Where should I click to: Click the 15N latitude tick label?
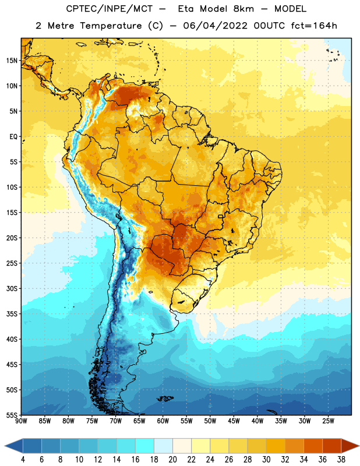12,61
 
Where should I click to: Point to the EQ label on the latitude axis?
13,137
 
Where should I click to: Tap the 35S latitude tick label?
12,314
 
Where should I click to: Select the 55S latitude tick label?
12,415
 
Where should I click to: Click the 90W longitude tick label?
21,421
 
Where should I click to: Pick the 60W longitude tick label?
163,421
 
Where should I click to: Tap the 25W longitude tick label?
328,421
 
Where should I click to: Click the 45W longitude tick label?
234,421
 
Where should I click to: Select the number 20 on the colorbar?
172,460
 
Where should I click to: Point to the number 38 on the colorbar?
341,460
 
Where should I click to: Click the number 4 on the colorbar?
23,460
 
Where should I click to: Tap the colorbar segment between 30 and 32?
276,446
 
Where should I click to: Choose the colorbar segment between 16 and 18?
144,446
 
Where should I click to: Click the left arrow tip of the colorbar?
5,446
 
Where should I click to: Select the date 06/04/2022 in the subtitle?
215,26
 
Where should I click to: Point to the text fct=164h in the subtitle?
314,26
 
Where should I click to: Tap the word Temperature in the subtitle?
111,26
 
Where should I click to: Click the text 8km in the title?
243,9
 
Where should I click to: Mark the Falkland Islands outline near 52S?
165,398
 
